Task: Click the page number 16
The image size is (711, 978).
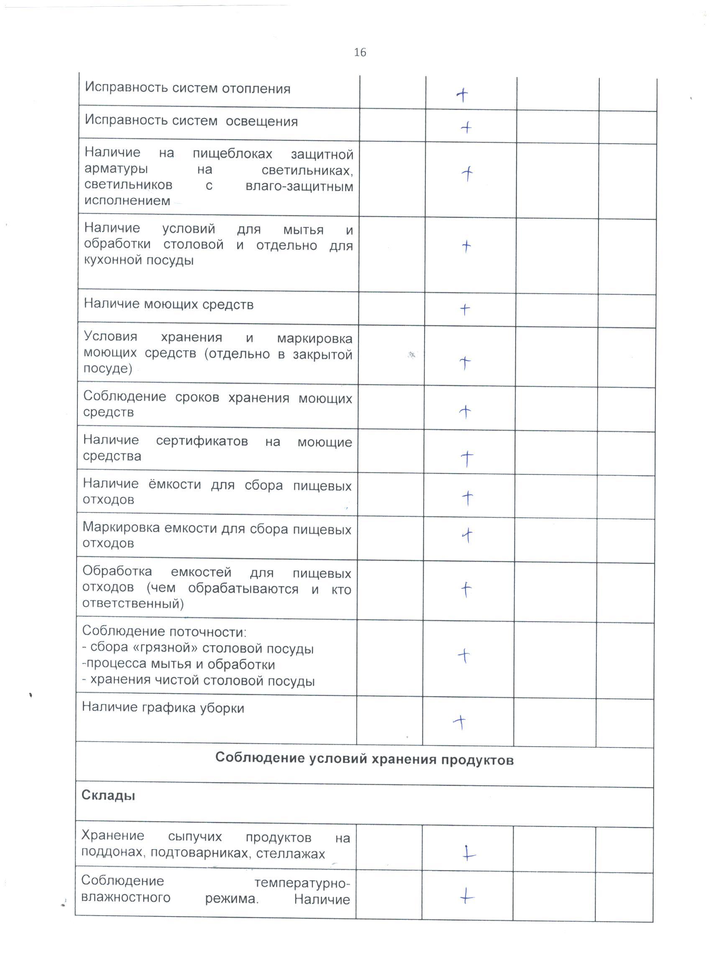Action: (x=360, y=53)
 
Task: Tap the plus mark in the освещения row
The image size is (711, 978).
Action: (x=466, y=128)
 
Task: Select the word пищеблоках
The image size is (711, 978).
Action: (x=233, y=154)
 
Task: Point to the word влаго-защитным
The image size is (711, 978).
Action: (x=299, y=187)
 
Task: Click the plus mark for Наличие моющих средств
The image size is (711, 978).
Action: (x=465, y=309)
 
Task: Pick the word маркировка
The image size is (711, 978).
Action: (x=315, y=339)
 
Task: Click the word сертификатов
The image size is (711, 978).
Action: (x=202, y=441)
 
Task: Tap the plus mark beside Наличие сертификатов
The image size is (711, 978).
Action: (x=467, y=458)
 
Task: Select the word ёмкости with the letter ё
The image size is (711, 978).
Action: (x=175, y=485)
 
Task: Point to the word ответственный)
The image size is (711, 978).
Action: (x=133, y=603)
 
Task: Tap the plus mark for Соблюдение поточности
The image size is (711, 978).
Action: (x=464, y=656)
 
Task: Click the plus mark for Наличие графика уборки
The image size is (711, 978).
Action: (x=460, y=722)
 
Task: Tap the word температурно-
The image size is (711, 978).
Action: (x=302, y=883)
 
